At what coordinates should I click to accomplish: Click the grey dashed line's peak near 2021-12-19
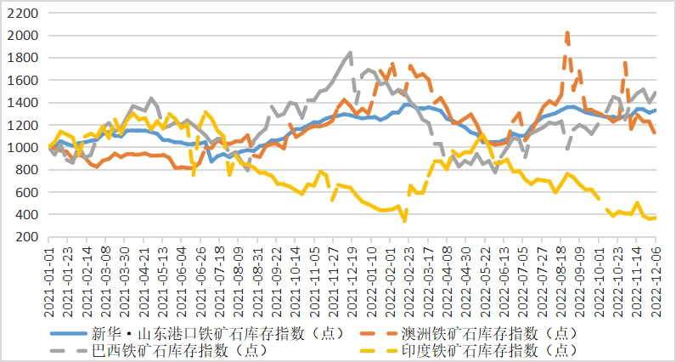[x=351, y=54]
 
